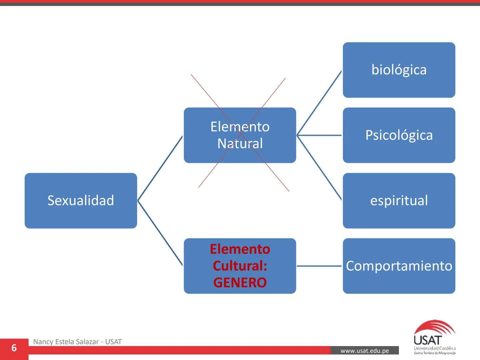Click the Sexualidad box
(81, 201)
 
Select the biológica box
(399, 70)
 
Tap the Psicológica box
(399, 135)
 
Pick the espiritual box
(399, 201)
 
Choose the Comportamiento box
(399, 266)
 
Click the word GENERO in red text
(240, 283)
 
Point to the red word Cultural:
(240, 266)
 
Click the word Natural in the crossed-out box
(240, 144)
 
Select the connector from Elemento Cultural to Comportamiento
(319, 266)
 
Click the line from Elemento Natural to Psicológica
(319, 135)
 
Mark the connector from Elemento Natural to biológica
(319, 103)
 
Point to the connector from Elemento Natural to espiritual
(319, 168)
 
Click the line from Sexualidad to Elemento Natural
(160, 168)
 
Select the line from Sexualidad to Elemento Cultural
(160, 233)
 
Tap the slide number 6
(14, 348)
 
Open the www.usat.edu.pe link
(365, 351)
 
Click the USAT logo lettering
(428, 340)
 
